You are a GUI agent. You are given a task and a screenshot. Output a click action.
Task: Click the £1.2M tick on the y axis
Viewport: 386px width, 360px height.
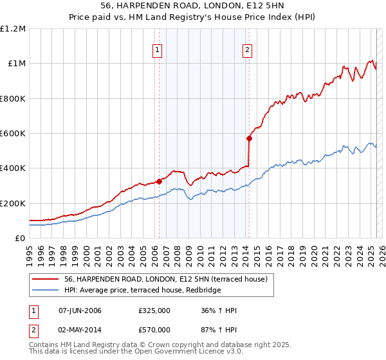(x=13, y=29)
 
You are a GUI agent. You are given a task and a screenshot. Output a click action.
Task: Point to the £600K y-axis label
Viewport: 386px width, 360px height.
(x=13, y=134)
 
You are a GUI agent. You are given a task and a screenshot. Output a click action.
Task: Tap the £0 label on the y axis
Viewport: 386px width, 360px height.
(x=20, y=239)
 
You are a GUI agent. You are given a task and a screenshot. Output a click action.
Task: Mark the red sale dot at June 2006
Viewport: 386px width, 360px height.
(x=160, y=181)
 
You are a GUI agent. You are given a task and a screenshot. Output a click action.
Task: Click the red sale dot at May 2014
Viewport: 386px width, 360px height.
(x=249, y=138)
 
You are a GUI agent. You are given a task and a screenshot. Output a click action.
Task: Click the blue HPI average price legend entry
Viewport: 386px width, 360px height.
(x=142, y=291)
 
